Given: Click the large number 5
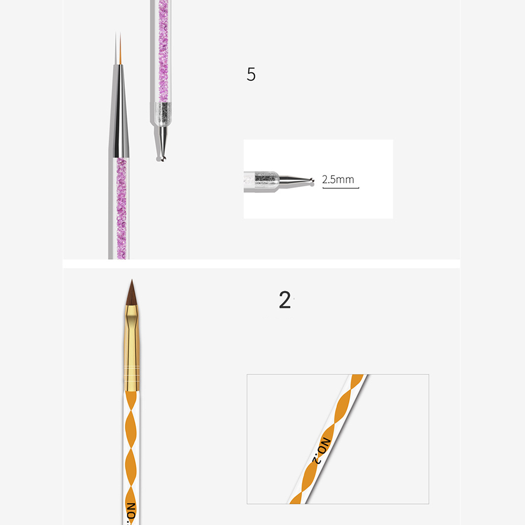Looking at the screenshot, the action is (x=251, y=74).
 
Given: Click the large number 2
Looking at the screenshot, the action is (x=285, y=299).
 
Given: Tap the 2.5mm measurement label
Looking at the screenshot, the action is (x=338, y=179).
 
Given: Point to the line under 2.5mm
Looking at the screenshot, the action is (x=340, y=188).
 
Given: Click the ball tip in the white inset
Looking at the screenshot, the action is (x=312, y=181).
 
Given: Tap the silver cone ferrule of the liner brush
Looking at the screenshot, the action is (x=119, y=111).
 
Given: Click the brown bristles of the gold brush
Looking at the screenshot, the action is (x=132, y=293).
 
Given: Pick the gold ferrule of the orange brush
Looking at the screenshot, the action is (x=132, y=348).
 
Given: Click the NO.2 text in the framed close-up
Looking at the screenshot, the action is (x=322, y=451).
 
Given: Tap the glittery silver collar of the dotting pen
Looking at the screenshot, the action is (x=163, y=114).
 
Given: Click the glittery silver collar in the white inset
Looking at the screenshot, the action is (x=266, y=182).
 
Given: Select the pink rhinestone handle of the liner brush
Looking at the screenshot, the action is (x=121, y=208).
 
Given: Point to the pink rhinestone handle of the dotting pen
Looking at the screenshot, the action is (x=163, y=51).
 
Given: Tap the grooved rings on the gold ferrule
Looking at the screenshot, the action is (x=132, y=374).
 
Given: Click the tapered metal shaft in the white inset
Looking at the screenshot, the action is (x=295, y=180).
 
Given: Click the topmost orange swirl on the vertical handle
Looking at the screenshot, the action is (x=131, y=401).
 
